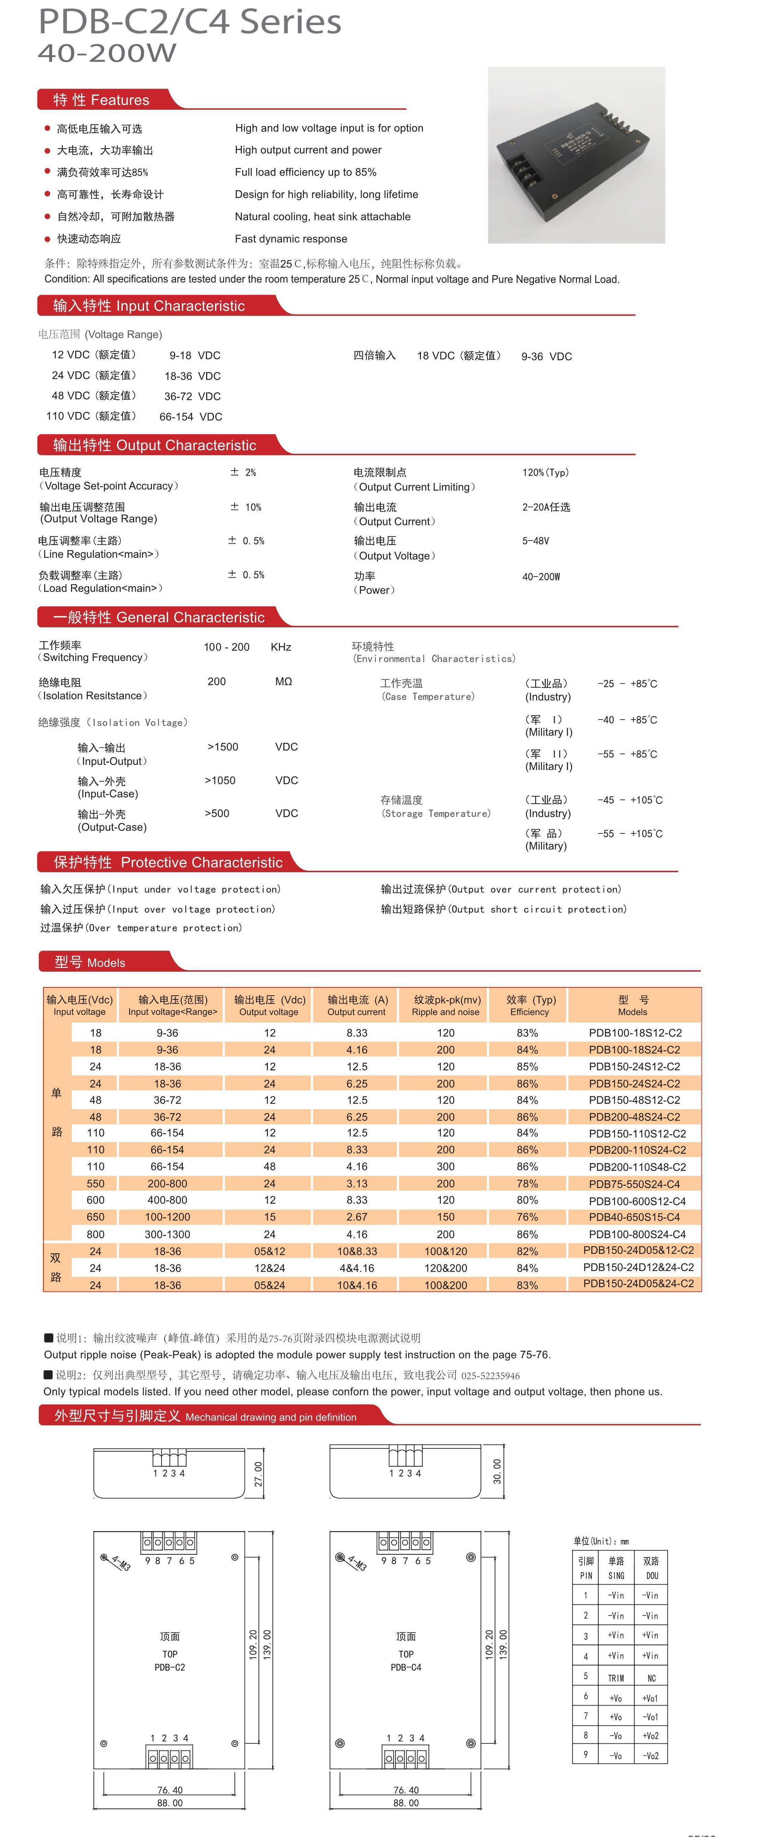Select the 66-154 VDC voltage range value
[x=190, y=416]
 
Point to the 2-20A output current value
[x=546, y=507]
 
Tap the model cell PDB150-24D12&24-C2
[x=638, y=1267]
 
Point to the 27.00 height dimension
[x=258, y=1473]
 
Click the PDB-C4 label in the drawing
[x=406, y=1667]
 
